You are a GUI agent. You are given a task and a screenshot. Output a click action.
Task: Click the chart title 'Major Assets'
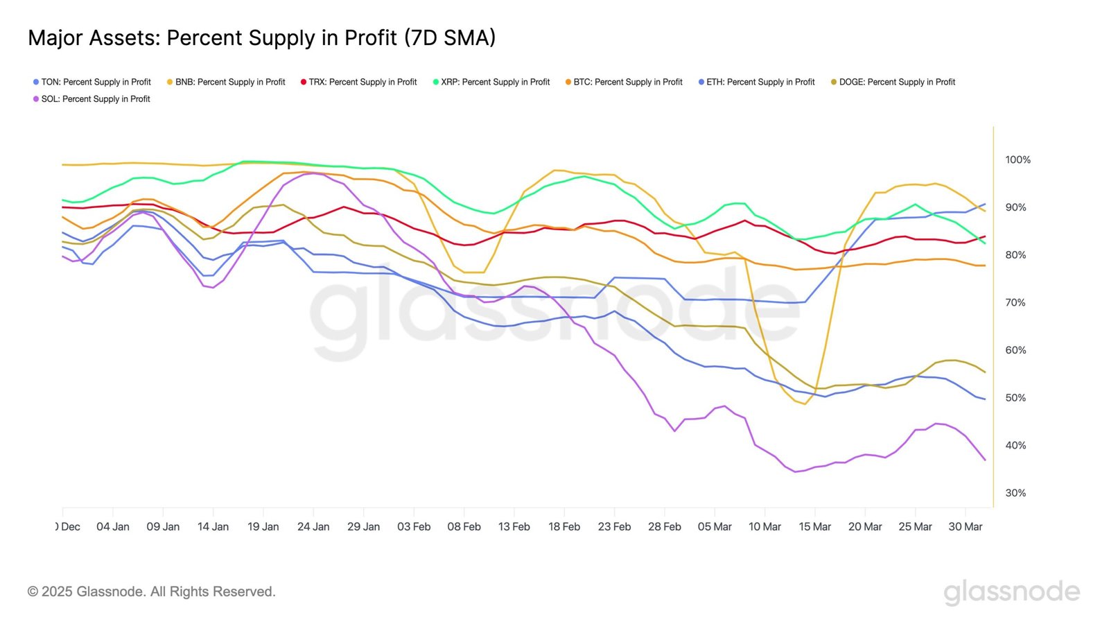tap(261, 37)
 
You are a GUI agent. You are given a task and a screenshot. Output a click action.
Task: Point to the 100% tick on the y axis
tap(1018, 159)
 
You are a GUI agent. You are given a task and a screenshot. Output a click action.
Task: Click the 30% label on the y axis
tap(1015, 493)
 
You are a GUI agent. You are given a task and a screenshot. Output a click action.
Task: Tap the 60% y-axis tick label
tap(1015, 350)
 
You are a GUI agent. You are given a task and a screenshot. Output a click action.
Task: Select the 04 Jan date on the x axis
tap(113, 527)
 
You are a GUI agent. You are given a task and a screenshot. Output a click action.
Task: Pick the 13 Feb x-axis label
tap(514, 527)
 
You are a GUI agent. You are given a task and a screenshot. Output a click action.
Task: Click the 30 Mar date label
tap(965, 527)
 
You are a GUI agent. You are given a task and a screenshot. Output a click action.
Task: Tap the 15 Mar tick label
tap(814, 527)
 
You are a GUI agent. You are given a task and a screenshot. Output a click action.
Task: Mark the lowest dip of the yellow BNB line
tap(805, 404)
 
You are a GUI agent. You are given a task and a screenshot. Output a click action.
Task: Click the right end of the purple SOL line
tap(985, 460)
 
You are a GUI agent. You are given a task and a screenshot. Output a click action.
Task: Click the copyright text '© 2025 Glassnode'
tap(152, 591)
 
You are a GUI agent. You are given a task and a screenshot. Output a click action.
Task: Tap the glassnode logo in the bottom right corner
tap(1011, 591)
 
